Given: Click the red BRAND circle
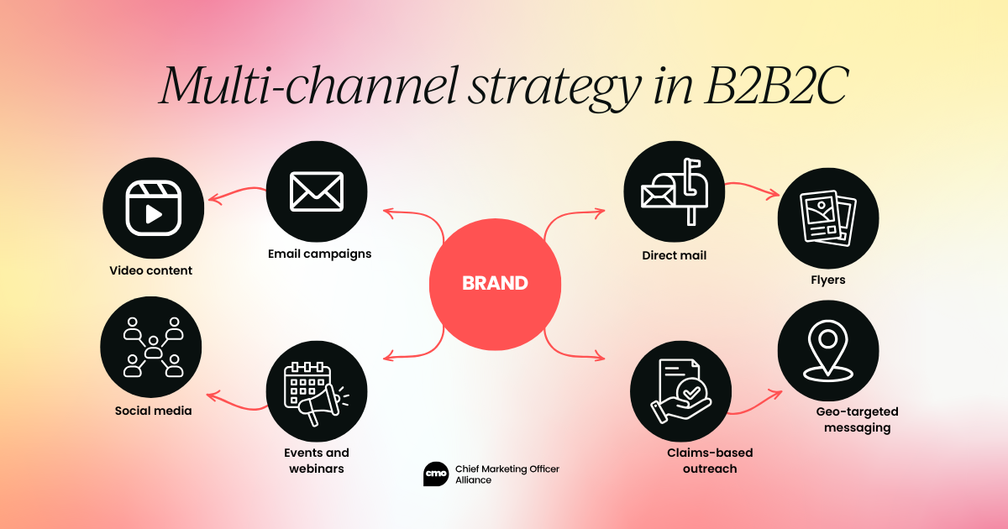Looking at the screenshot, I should (495, 283).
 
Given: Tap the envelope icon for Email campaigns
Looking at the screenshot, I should (317, 191).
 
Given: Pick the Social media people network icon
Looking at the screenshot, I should (152, 347).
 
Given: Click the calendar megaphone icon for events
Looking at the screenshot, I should (317, 390).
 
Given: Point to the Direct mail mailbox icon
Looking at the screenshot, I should (674, 191).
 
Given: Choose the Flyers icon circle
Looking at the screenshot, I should (828, 217).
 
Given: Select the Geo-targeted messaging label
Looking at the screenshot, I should (857, 420).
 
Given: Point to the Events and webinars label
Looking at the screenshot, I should (316, 461).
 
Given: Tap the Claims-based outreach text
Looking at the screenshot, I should (698, 460).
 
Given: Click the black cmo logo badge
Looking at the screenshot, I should (436, 474).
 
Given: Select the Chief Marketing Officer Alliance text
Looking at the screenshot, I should (507, 474).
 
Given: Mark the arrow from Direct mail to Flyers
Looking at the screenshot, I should (752, 186).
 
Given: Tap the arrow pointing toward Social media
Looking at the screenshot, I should (238, 403).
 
